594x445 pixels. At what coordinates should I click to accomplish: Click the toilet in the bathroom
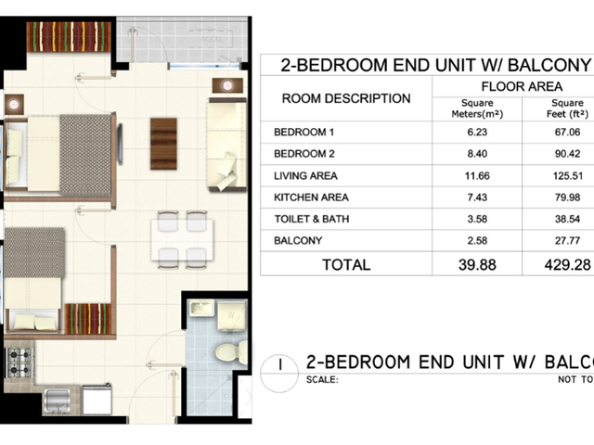[231, 352]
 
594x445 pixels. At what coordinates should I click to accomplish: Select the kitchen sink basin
[56, 400]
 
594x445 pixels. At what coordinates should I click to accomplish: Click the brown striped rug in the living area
[163, 144]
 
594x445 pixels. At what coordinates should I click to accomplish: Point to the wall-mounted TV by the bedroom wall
[120, 145]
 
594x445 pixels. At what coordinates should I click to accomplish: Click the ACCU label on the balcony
[211, 39]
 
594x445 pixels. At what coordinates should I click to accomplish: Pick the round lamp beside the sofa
[227, 85]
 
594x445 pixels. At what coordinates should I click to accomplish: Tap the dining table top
[182, 240]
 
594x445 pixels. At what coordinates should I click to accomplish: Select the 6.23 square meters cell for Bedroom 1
[477, 132]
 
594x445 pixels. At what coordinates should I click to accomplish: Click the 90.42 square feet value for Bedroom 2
[567, 154]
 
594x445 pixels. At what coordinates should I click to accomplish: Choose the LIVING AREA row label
[305, 175]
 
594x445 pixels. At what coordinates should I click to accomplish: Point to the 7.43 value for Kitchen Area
[477, 197]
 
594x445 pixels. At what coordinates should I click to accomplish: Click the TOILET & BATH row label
[312, 219]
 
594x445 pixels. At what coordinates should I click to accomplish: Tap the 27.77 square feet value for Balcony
[567, 241]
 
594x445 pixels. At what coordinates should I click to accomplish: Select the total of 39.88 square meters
[477, 264]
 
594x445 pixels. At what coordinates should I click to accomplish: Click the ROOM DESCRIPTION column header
[346, 98]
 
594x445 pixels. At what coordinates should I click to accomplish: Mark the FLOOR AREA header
[522, 86]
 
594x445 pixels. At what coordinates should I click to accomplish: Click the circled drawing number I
[279, 374]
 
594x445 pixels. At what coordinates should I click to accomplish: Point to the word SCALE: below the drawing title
[322, 379]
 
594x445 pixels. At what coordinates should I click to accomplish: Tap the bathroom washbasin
[202, 309]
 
